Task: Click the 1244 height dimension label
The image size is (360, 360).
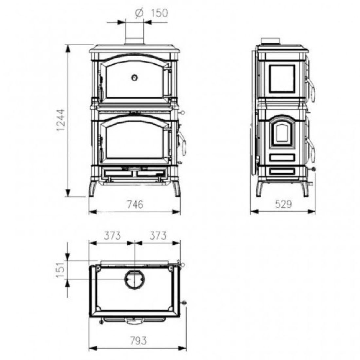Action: (62, 120)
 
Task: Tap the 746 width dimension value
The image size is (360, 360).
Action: (135, 204)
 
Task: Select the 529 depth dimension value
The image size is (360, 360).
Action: (283, 204)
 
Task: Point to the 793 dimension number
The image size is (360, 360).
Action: (138, 340)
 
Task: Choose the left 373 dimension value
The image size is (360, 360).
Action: (112, 236)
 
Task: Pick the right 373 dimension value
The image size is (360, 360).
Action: (158, 236)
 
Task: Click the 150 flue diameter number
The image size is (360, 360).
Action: (159, 13)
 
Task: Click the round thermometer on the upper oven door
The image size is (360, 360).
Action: (135, 77)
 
